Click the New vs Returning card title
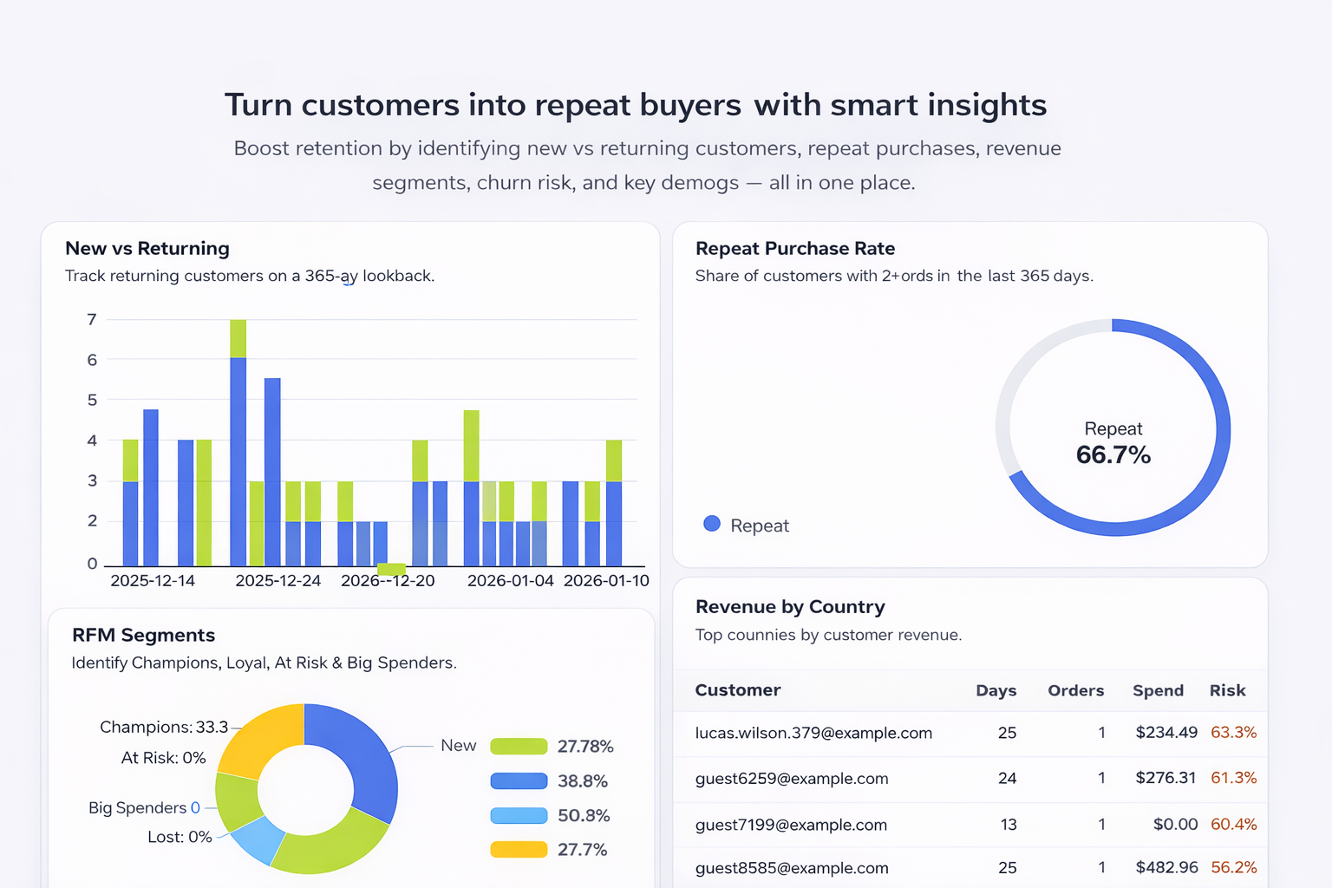pos(147,248)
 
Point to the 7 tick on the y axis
pos(92,319)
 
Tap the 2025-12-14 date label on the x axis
pos(153,580)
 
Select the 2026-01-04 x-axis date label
pos(510,580)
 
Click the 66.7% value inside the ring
pos(1113,454)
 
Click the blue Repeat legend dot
pos(712,524)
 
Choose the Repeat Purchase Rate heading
pos(794,248)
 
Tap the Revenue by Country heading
pos(790,606)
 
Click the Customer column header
pos(737,690)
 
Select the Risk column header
pos(1227,690)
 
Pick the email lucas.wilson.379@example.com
pos(813,733)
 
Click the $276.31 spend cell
pos(1165,778)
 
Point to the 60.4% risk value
pos(1233,824)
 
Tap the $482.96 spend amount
pos(1166,867)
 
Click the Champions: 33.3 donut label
pos(164,727)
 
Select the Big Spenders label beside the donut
pos(138,807)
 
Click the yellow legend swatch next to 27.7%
pos(519,849)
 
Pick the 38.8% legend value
pos(582,780)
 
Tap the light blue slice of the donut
pos(258,839)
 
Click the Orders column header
pos(1075,690)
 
